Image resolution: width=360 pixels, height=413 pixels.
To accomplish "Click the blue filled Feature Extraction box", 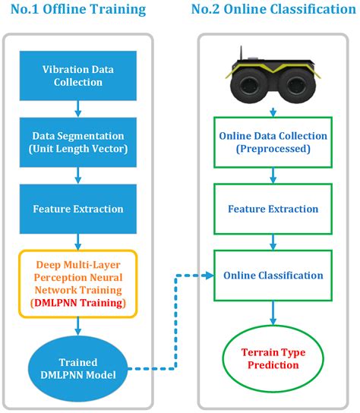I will pos(77,208).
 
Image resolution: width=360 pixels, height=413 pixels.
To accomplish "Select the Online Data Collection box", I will pos(273,143).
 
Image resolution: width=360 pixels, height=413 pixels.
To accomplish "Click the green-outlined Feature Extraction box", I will pos(273,209).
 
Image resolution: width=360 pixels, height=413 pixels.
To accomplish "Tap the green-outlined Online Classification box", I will pos(273,275).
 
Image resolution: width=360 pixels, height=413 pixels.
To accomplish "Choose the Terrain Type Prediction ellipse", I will pos(271,358).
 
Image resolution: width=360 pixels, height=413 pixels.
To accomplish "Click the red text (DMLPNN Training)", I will pos(77,304).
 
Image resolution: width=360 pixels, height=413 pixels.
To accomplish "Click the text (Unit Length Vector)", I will pos(77,149).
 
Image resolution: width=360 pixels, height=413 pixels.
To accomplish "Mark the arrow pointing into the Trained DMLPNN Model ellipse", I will pos(77,329).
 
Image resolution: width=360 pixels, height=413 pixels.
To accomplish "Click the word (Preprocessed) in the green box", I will pos(273,150).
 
